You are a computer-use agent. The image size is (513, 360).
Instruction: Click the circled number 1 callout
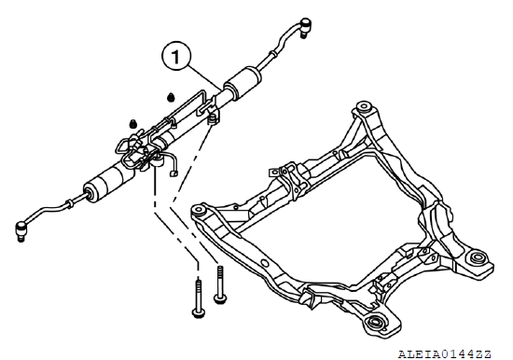pyautogui.click(x=176, y=56)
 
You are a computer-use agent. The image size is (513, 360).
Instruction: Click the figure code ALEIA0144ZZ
pyautogui.click(x=445, y=353)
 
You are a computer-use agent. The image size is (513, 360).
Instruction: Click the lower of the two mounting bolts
pyautogui.click(x=199, y=298)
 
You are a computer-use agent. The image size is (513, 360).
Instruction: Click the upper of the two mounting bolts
pyautogui.click(x=220, y=284)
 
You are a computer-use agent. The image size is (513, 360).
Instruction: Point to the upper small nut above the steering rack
pyautogui.click(x=170, y=97)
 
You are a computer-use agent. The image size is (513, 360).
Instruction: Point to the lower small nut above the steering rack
pyautogui.click(x=132, y=124)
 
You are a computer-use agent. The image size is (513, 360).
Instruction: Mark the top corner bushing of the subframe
pyautogui.click(x=364, y=107)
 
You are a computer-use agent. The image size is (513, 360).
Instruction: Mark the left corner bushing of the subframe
pyautogui.click(x=198, y=210)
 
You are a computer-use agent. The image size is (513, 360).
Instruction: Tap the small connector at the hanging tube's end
pyautogui.click(x=173, y=173)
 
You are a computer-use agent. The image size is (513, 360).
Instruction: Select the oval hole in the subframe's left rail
pyautogui.click(x=265, y=263)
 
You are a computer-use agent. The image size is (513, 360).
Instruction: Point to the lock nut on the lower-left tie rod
pyautogui.click(x=69, y=204)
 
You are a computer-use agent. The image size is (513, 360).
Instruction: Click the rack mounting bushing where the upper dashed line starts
pyautogui.click(x=214, y=118)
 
